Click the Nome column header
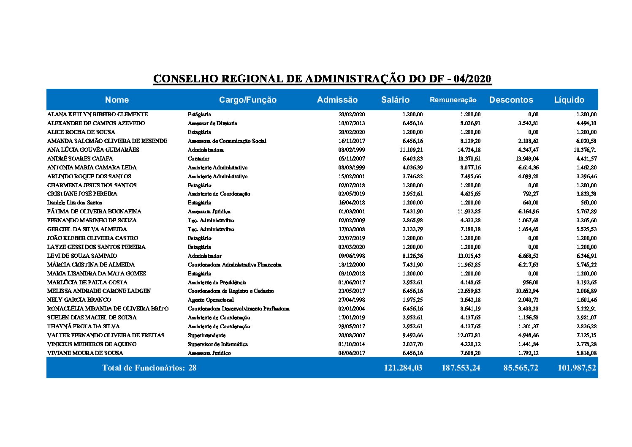coord(117,100)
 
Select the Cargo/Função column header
coord(248,100)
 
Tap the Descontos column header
coord(511,100)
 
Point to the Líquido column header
coord(569,100)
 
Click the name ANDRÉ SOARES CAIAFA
coord(80,159)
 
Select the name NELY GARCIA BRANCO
coord(73,300)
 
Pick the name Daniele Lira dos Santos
coord(75,203)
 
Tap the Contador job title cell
coord(198,159)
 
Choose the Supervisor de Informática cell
coord(218,344)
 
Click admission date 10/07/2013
coord(352,123)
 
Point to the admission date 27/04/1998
coord(352,300)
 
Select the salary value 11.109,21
coord(411,150)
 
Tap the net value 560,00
coord(588,203)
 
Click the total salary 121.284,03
coord(403,368)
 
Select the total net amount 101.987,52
coord(577,368)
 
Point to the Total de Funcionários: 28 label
coord(149,368)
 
